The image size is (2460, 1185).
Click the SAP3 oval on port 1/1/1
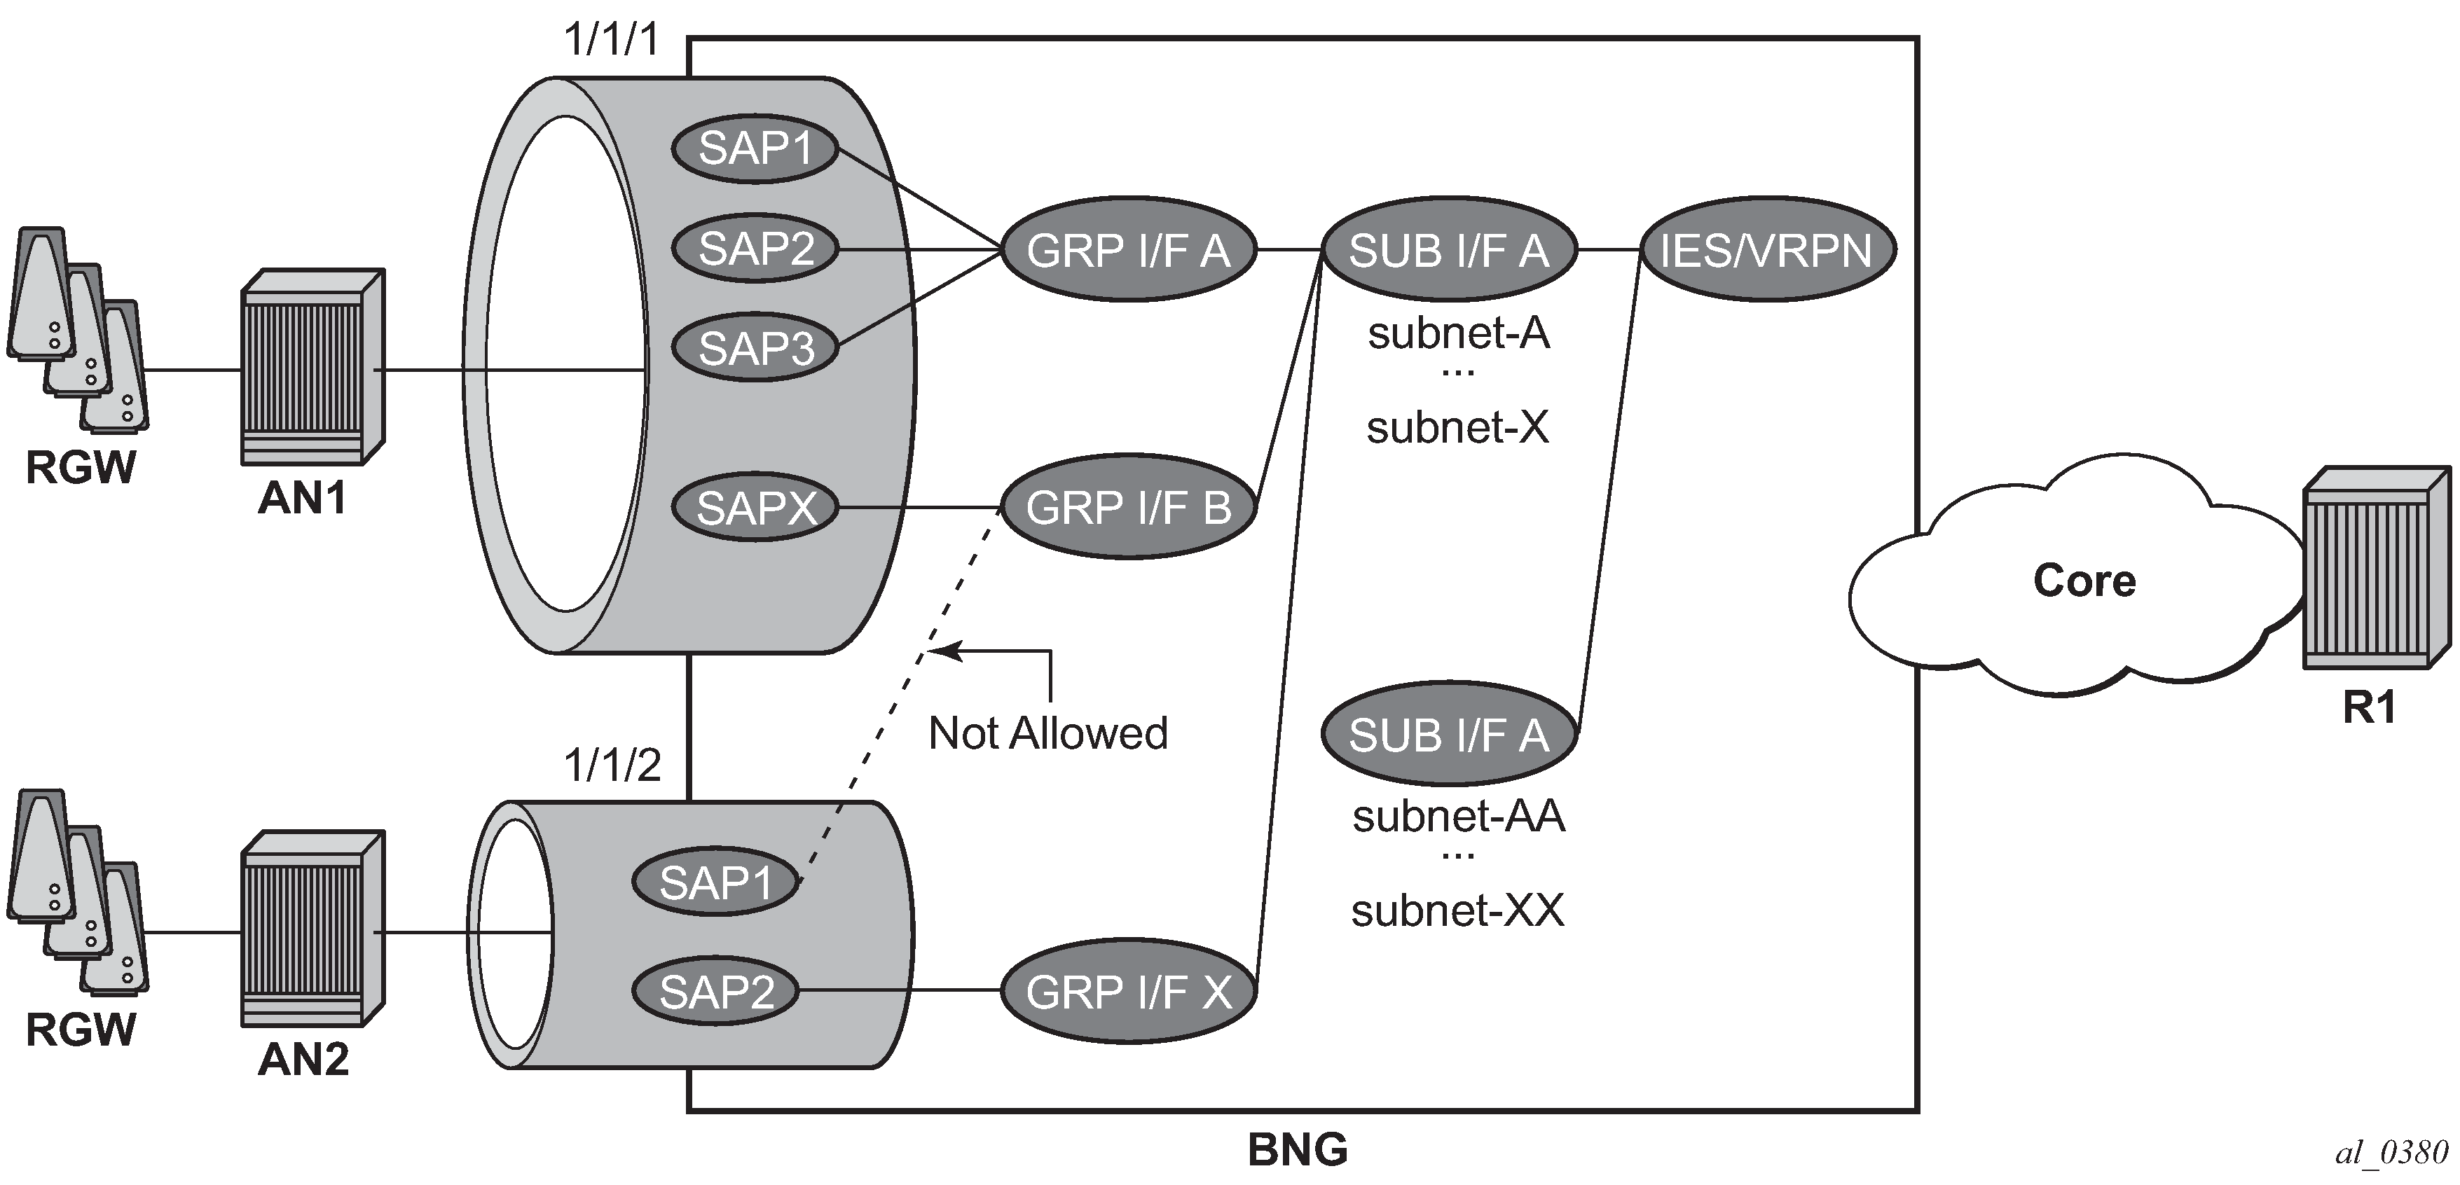pos(755,347)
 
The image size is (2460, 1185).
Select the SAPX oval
pos(755,507)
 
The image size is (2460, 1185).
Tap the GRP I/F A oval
pos(1128,250)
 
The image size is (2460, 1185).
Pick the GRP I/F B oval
pos(1128,507)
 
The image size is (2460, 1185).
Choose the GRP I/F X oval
pos(1128,992)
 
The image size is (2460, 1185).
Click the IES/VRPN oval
pos(1766,250)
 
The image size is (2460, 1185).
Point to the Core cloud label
pos(2084,581)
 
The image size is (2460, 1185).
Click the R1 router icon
pos(2376,568)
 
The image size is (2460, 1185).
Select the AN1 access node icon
pos(312,368)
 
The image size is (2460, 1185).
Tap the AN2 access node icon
pos(312,929)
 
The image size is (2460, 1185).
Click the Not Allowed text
pos(1047,733)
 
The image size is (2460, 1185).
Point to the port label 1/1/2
pos(612,765)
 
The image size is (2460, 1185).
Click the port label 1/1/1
pos(612,40)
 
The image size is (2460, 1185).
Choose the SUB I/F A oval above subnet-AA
pos(1448,734)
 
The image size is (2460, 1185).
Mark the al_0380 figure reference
pos(2391,1153)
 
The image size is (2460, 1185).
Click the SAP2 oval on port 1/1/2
pos(715,991)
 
